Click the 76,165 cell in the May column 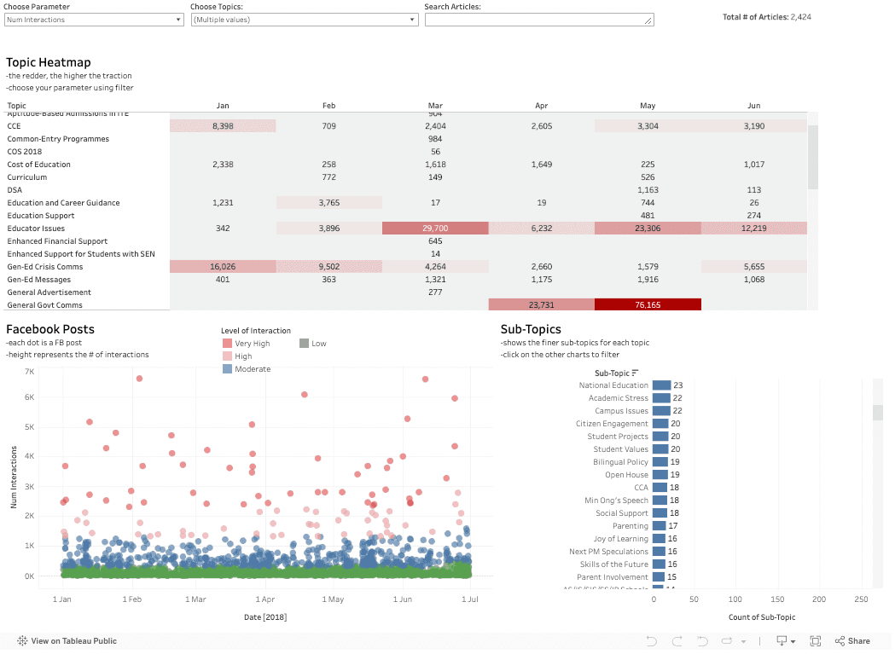coord(648,305)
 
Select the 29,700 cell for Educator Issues coord(435,229)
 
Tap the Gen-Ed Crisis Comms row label coord(45,267)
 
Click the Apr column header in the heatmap coord(541,106)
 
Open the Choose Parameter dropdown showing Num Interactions coord(94,20)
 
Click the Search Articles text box coord(539,20)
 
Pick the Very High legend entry coord(247,344)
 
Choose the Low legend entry coord(318,344)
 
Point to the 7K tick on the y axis coord(28,373)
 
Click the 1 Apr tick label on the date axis coord(264,599)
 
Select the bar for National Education coord(662,385)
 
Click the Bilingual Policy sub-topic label coord(620,462)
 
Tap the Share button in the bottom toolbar coord(852,640)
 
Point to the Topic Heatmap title coord(49,62)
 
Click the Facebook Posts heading coord(50,329)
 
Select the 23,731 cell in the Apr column coord(541,305)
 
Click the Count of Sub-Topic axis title coord(762,616)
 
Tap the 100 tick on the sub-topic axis coord(735,599)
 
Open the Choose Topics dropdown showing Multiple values coord(305,20)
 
